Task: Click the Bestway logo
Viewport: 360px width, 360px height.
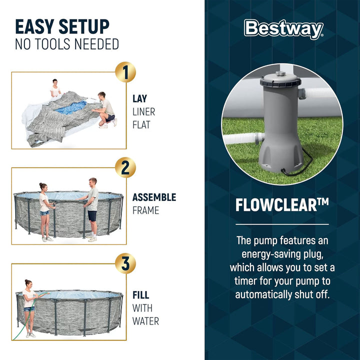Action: (283, 29)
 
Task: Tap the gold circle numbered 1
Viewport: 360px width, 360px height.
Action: (125, 72)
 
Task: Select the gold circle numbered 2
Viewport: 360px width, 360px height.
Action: (125, 167)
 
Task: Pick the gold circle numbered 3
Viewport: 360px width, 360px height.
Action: (125, 263)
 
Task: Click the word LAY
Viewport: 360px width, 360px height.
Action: (140, 99)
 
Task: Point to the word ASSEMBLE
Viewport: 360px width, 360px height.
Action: (154, 197)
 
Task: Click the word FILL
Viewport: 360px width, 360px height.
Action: (141, 295)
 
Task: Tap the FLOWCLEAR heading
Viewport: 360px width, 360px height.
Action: (282, 204)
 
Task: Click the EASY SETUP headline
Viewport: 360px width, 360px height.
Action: (62, 27)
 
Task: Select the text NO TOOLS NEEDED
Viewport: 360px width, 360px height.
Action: (67, 44)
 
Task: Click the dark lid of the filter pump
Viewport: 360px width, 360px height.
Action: (280, 80)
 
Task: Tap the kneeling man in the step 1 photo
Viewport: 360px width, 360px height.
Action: (105, 110)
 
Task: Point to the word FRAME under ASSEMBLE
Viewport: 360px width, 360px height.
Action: (145, 210)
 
